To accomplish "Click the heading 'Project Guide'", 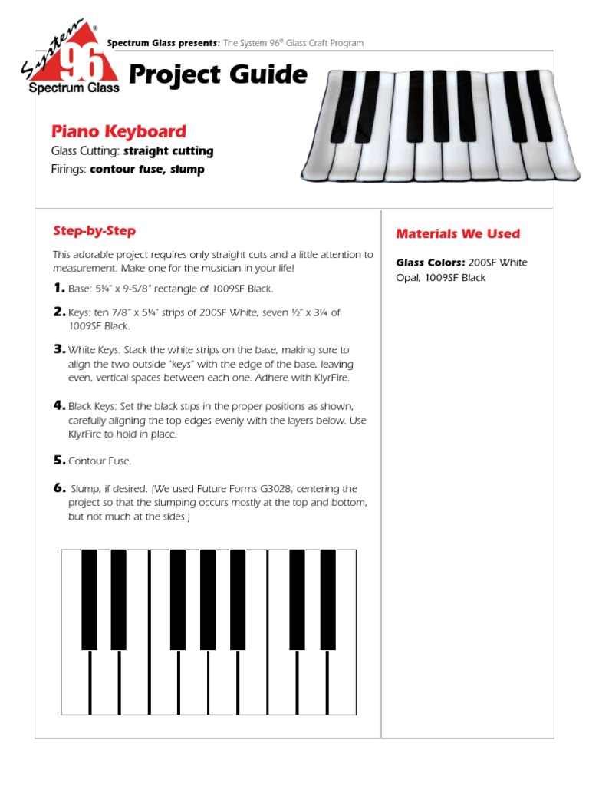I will point(218,75).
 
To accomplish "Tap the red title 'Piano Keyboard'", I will point(118,131).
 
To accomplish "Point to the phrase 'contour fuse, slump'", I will point(146,170).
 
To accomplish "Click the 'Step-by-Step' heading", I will point(94,231).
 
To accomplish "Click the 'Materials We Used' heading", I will point(457,233).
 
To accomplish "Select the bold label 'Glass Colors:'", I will point(430,263).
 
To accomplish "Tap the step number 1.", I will point(58,288).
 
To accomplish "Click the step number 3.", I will point(58,349).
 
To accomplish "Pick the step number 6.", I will point(58,488).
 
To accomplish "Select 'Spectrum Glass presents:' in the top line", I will point(163,43).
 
